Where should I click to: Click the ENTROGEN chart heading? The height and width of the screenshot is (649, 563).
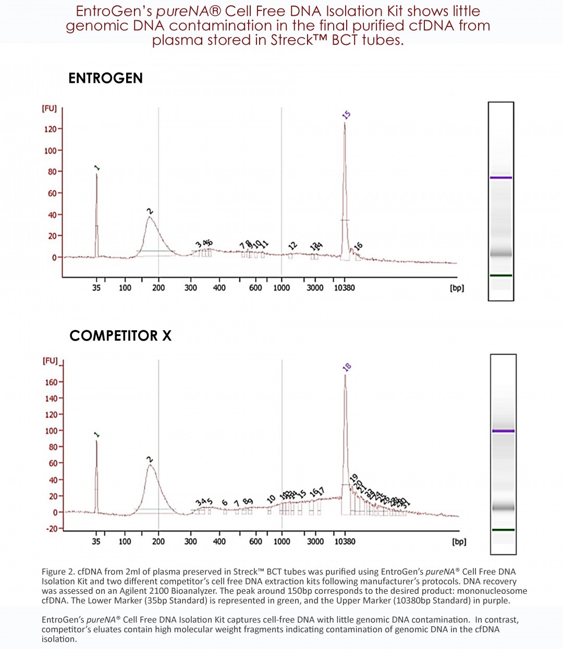[x=105, y=78]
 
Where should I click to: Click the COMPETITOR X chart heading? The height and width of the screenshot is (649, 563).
[x=120, y=336]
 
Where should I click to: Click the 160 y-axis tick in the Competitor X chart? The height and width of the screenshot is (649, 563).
[x=51, y=382]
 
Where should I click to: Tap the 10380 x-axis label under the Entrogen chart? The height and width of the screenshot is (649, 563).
[x=344, y=288]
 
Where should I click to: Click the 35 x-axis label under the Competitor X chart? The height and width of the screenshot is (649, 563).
[x=96, y=542]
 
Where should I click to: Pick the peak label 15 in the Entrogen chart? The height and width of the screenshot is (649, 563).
[x=347, y=115]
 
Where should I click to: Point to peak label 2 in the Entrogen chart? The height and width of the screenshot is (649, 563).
[x=150, y=211]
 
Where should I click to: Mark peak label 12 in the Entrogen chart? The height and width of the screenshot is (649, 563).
[x=293, y=246]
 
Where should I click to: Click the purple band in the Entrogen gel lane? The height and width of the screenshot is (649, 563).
[x=500, y=178]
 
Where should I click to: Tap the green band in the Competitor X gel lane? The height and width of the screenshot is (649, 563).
[x=503, y=530]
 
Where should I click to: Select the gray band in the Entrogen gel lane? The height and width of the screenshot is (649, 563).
[x=500, y=254]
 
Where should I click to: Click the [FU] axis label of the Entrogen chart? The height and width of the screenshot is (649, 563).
[x=49, y=108]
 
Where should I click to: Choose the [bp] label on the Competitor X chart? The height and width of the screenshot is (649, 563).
[x=459, y=542]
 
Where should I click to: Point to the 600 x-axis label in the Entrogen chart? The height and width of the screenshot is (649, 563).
[x=255, y=288]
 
